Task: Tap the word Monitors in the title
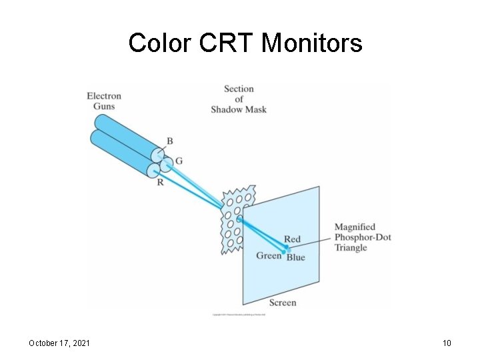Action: pos(312,43)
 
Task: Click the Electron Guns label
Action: pos(104,101)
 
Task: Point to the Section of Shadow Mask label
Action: pos(239,99)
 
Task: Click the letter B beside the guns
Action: pos(170,141)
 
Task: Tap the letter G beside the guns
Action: pos(179,161)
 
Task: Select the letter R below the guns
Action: pos(160,181)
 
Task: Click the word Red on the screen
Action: pos(292,239)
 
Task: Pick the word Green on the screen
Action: pos(269,255)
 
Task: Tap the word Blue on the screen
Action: pos(296,257)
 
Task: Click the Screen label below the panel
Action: pos(283,303)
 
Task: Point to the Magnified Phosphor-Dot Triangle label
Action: pos(363,237)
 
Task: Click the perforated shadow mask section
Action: pos(237,217)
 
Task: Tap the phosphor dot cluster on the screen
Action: pos(285,249)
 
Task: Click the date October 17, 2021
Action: pos(60,343)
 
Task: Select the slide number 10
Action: pos(447,343)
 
